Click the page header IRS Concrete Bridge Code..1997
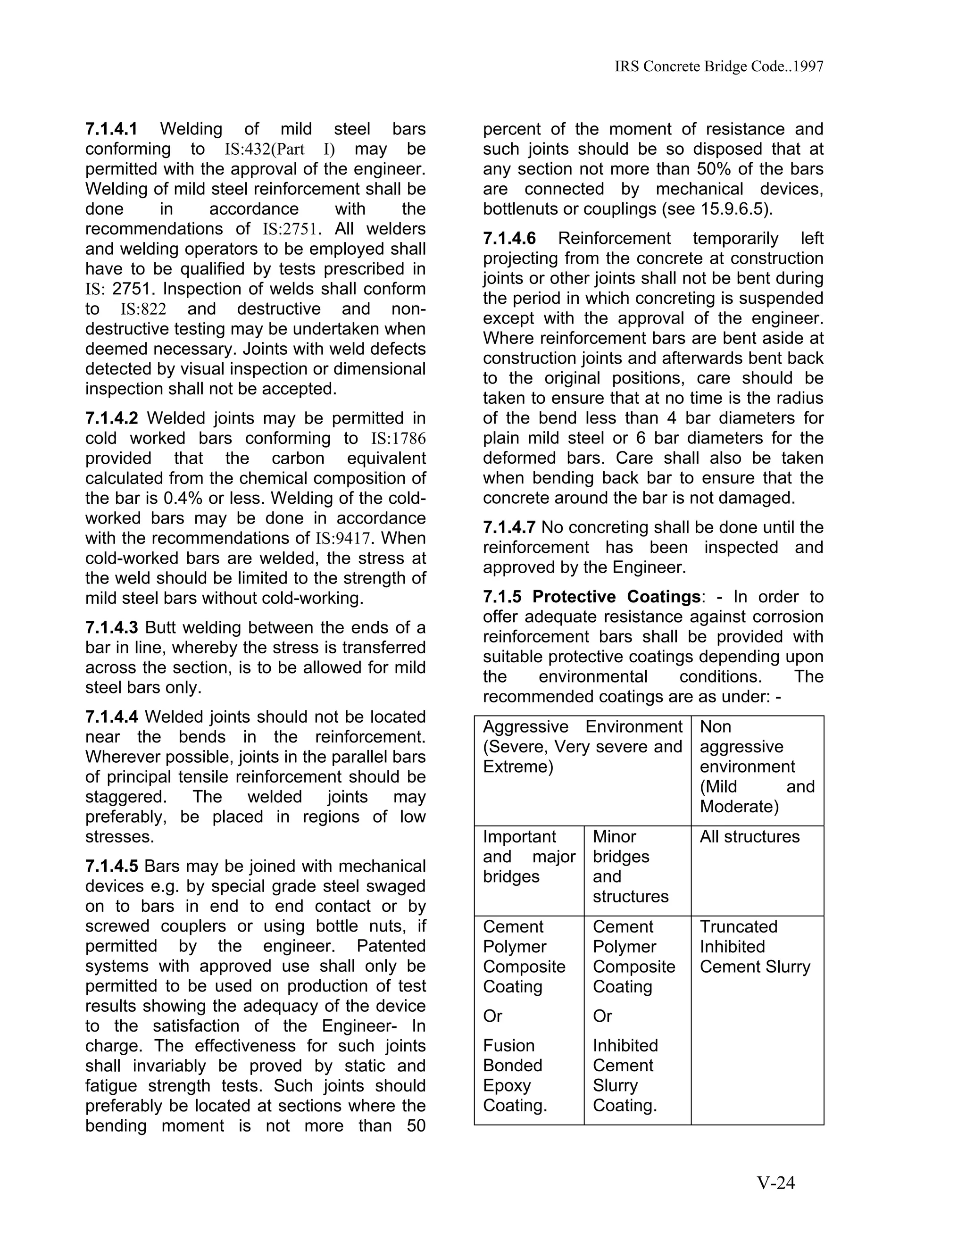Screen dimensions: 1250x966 (719, 67)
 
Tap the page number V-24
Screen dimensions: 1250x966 (776, 1183)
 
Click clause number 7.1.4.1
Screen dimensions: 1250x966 (112, 129)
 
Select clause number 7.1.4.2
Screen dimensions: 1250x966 (112, 418)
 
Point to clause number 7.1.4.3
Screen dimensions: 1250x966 (112, 628)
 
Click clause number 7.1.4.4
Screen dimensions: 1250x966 (112, 717)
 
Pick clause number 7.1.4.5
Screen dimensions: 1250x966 (112, 867)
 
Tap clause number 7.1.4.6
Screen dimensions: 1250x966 (509, 238)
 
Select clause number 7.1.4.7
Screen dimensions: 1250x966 (509, 528)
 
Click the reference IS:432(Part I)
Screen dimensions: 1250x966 (279, 150)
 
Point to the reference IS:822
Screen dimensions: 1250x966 (143, 309)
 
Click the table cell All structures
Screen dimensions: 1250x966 (749, 837)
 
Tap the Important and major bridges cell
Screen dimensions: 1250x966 (529, 857)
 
